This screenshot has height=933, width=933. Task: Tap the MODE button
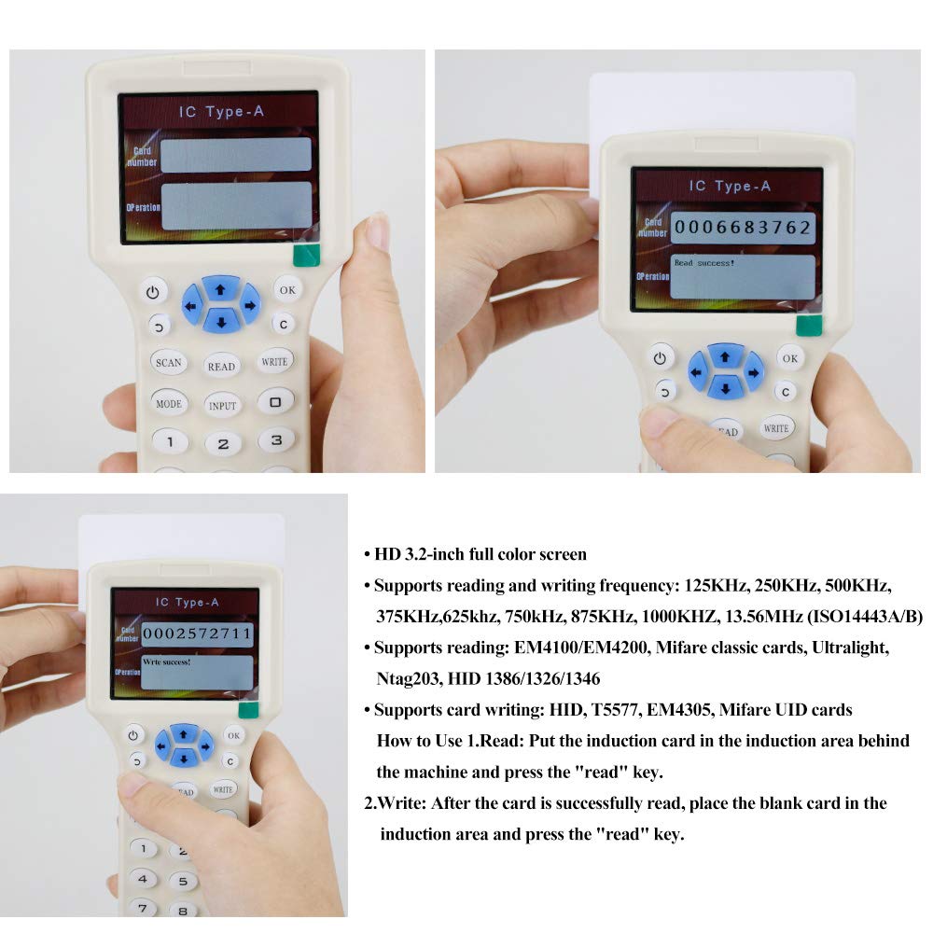coord(169,404)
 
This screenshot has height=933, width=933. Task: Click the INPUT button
coord(222,406)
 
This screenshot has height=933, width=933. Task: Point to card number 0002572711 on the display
coord(197,634)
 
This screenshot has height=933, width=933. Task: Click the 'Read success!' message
coord(704,263)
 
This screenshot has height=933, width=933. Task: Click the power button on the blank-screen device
coord(153,292)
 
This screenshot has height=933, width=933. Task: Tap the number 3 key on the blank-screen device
coord(276,439)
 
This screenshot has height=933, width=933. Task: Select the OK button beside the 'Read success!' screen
coord(789,358)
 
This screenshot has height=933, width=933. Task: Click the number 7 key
coord(143,907)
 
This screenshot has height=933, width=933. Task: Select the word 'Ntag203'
coord(409,678)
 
